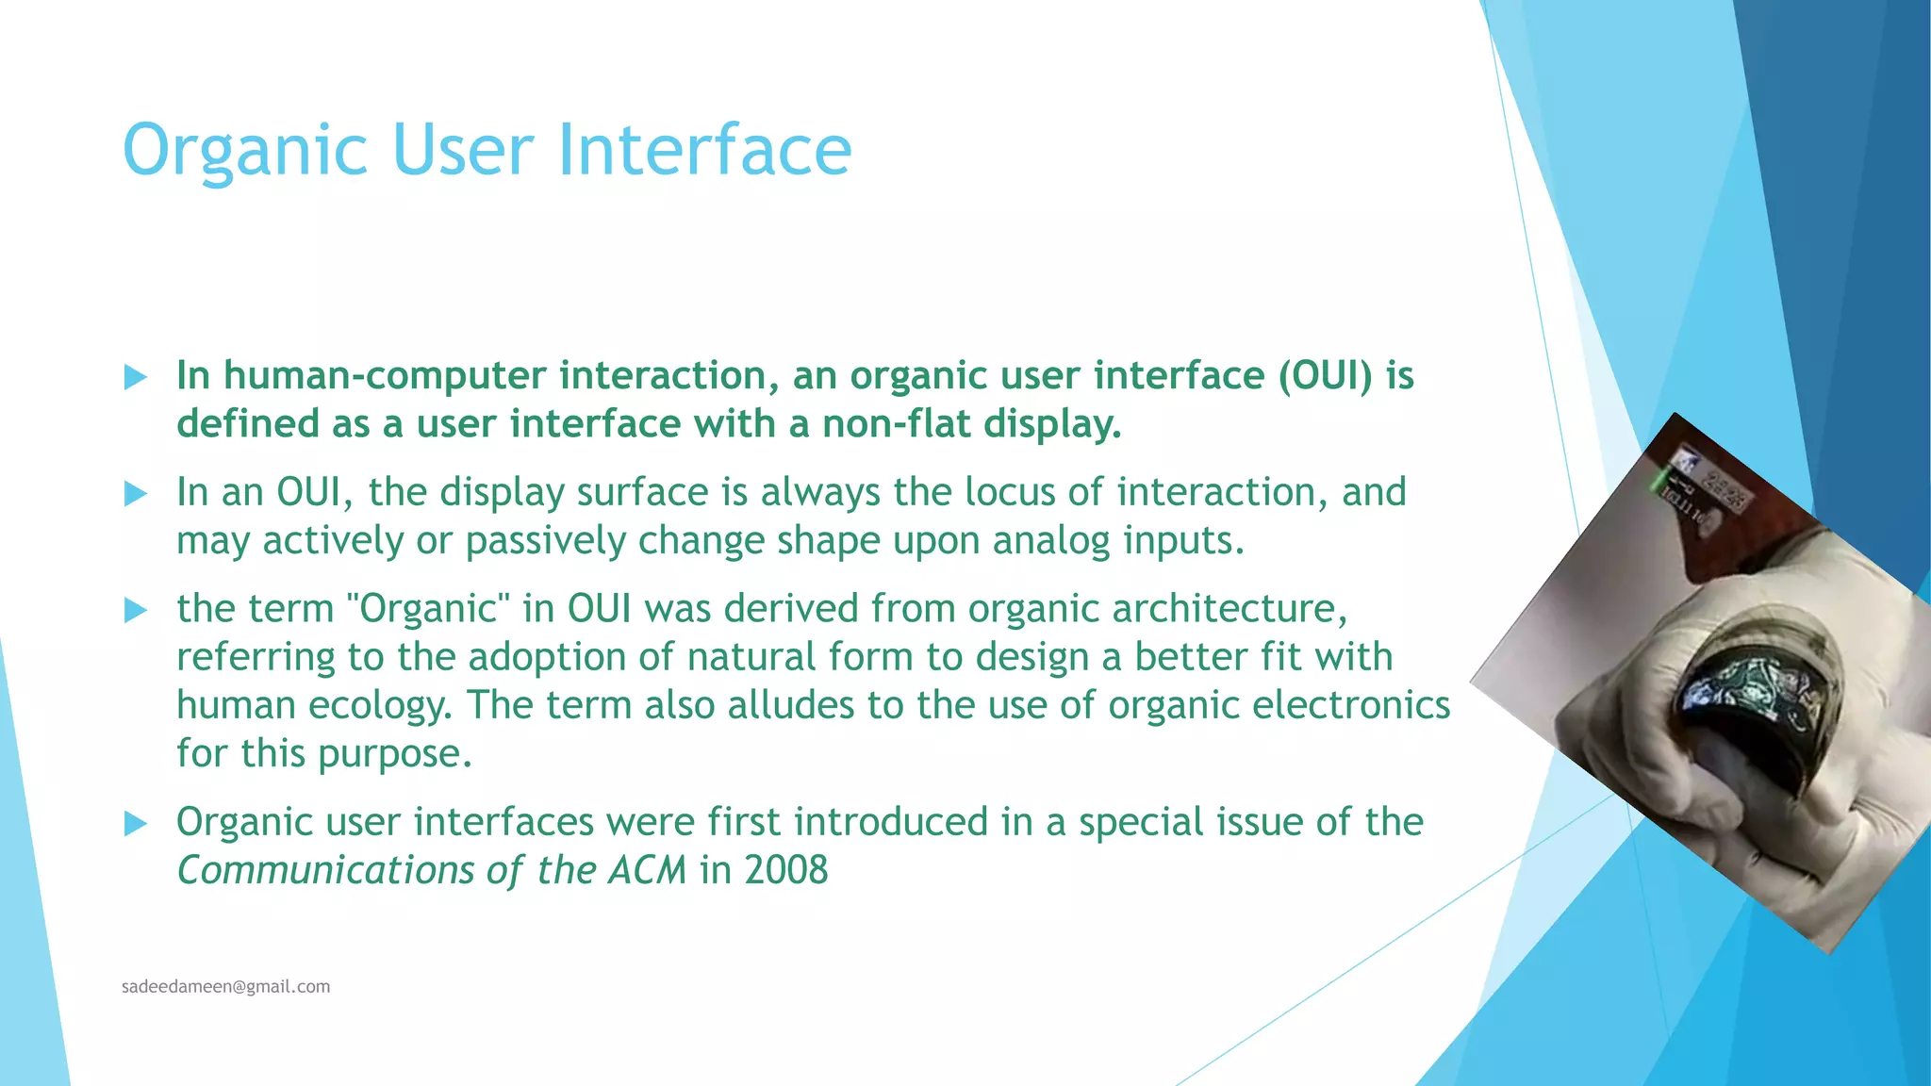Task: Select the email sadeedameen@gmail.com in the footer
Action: click(225, 987)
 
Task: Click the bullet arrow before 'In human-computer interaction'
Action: click(136, 378)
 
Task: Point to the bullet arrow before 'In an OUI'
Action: click(136, 494)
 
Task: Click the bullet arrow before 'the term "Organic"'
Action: click(136, 611)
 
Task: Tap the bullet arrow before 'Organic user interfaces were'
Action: click(136, 825)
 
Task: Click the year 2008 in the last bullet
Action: click(785, 870)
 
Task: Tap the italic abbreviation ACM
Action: click(647, 870)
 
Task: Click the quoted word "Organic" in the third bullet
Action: click(428, 609)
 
